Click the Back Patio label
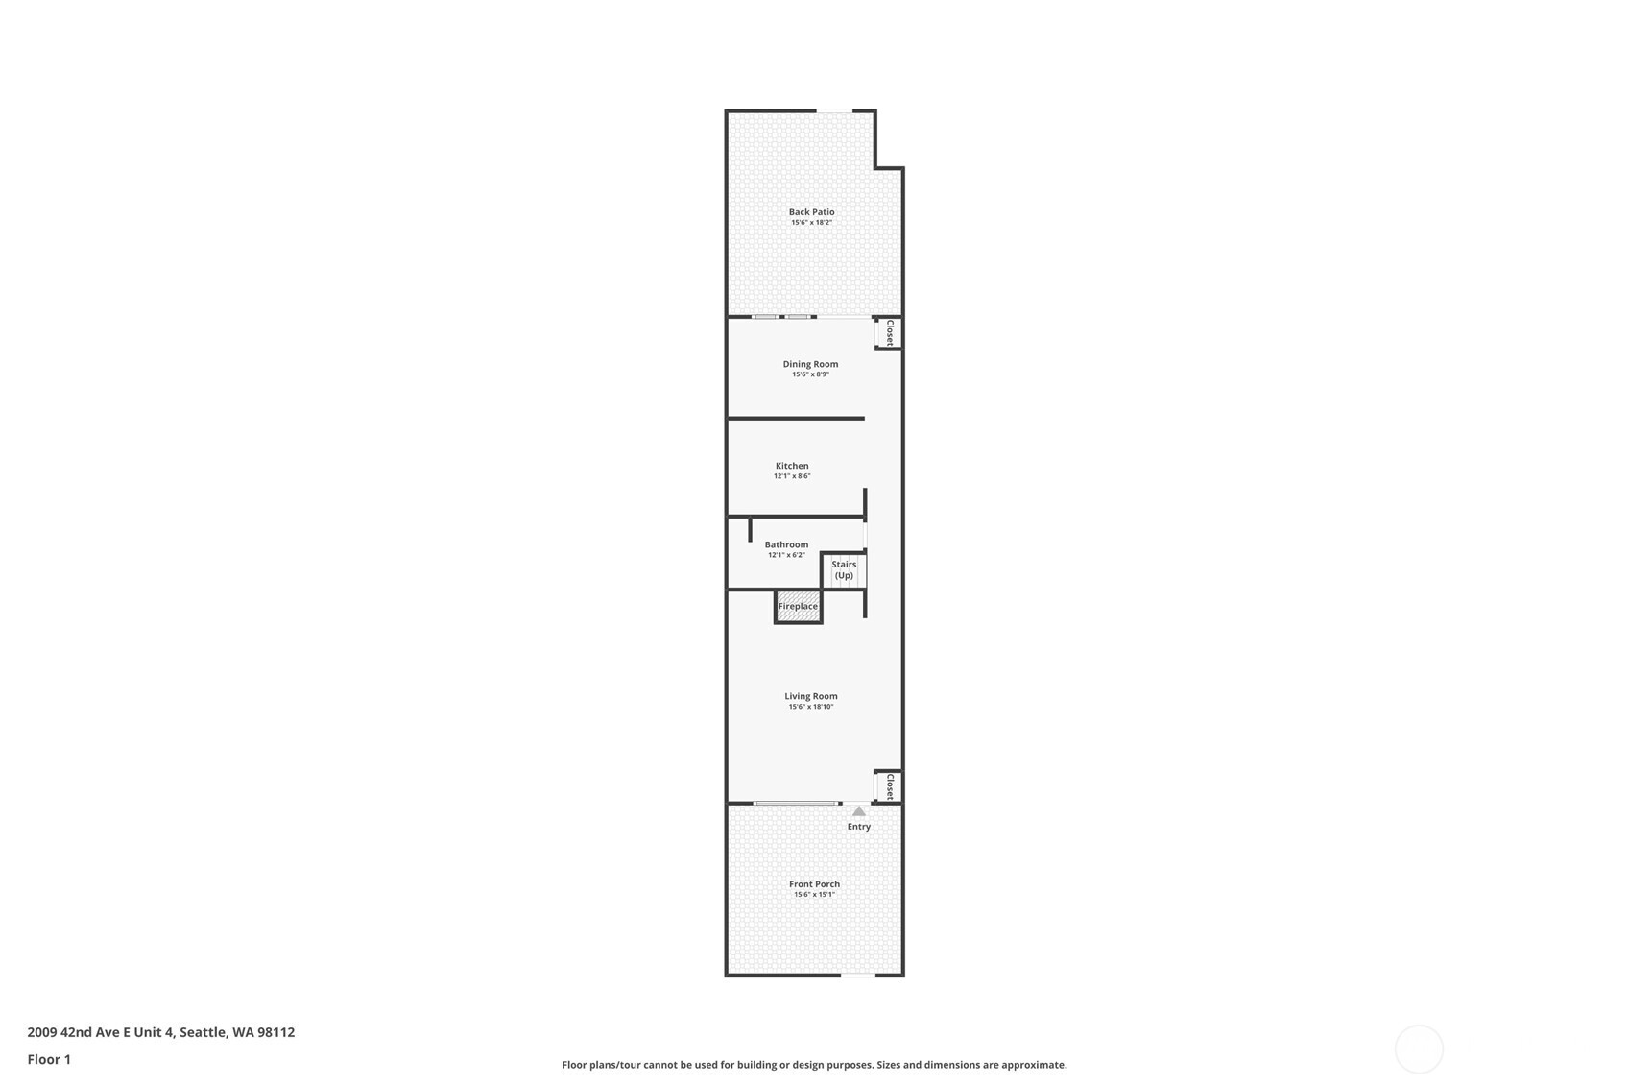pos(811,212)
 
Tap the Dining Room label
pos(810,364)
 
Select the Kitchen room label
pos(792,466)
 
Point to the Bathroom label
pos(786,544)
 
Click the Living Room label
pos(811,696)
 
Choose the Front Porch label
pos(814,884)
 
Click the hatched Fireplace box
pos(798,607)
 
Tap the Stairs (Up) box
pos(844,570)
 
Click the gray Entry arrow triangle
pos(859,811)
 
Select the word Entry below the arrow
pos(859,827)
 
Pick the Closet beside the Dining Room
pos(889,333)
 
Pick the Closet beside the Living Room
pos(889,787)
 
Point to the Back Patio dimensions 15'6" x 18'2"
pos(811,223)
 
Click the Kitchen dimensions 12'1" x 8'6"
pos(792,476)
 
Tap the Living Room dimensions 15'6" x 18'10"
pos(811,707)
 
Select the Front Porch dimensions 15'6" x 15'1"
pos(814,895)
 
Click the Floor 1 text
pos(49,1060)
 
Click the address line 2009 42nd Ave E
pos(160,1033)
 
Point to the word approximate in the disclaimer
pos(1035,1065)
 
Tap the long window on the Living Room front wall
pos(795,804)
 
